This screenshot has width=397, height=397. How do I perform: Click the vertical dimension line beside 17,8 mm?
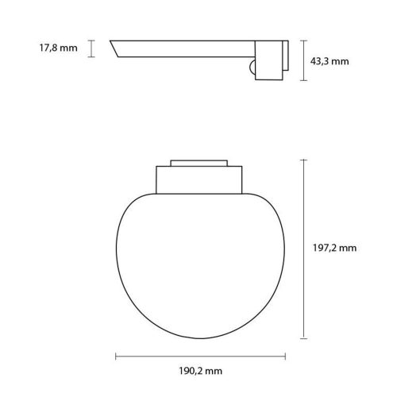[92, 48]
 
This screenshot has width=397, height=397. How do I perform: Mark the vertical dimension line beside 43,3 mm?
[304, 60]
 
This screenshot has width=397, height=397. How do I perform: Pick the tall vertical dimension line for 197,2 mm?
[304, 247]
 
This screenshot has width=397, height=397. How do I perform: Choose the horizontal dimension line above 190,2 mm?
[195, 356]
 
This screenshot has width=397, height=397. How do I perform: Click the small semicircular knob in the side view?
[252, 69]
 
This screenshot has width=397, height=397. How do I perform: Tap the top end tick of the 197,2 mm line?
[304, 159]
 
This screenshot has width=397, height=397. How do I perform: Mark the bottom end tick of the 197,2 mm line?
[304, 335]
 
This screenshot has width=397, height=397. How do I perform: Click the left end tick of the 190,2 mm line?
[117, 356]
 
